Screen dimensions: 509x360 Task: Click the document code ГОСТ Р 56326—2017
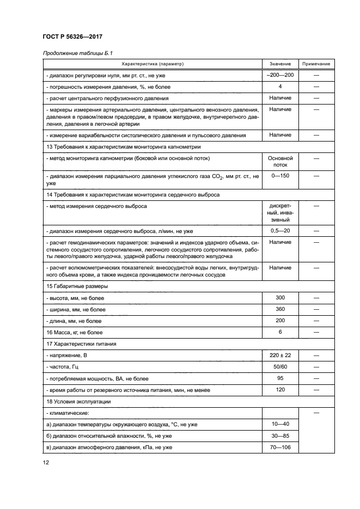72,36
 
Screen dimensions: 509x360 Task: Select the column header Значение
280,64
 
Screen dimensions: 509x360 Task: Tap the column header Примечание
316,64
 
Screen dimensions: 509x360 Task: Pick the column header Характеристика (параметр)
153,64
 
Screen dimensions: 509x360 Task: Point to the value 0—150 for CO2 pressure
280,177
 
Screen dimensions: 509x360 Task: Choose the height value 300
280,298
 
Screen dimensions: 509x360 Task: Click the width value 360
280,309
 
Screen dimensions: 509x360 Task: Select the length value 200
280,321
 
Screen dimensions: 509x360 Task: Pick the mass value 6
280,332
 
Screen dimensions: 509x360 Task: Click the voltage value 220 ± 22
280,355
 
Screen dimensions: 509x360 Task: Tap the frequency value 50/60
280,367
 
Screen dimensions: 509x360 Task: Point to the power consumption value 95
280,378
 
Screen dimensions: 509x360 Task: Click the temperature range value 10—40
280,424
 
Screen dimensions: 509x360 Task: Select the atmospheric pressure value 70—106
280,447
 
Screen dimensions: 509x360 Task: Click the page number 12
46,463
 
